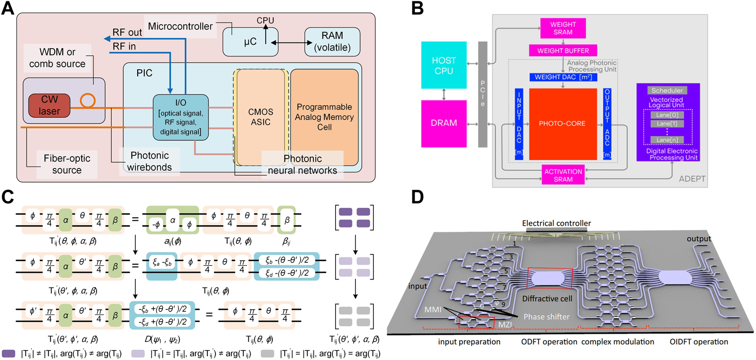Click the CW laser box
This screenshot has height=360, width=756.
[x=49, y=105]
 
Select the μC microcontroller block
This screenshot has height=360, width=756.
[x=250, y=42]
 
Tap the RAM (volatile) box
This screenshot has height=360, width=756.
[x=332, y=42]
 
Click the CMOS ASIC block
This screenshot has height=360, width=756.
[x=261, y=117]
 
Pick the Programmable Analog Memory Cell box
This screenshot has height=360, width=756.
[x=324, y=117]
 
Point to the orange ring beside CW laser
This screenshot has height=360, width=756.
[x=88, y=100]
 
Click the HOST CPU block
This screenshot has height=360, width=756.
[x=443, y=65]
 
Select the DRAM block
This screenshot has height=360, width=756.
[x=443, y=123]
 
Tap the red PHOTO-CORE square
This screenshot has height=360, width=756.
[x=563, y=124]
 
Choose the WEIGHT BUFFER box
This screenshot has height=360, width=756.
[x=563, y=51]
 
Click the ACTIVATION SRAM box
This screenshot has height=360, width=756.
[x=563, y=175]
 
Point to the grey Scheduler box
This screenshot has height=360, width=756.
[x=667, y=90]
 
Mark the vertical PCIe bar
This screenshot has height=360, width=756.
[x=483, y=94]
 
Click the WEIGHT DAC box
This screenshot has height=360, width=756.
[x=563, y=77]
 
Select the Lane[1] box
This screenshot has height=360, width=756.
[x=667, y=124]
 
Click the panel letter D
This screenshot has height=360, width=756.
[x=417, y=197]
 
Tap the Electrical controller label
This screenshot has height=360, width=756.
[x=556, y=223]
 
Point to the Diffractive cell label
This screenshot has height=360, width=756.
[x=547, y=299]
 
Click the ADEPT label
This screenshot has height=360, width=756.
[x=692, y=179]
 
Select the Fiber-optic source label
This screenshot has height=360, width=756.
[x=67, y=164]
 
